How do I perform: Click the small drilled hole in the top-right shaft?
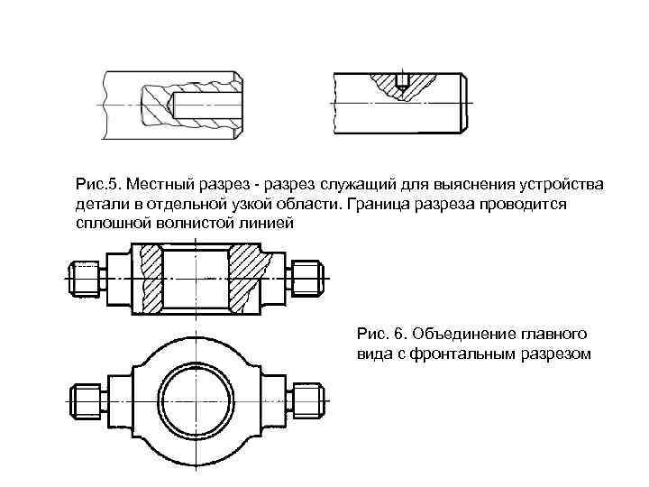pyautogui.click(x=403, y=80)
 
